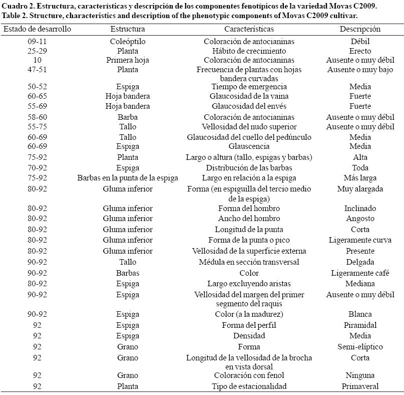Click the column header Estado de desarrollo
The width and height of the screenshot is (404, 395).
pyautogui.click(x=38, y=29)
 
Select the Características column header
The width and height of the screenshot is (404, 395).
pyautogui.click(x=249, y=29)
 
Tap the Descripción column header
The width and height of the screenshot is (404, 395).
pyautogui.click(x=360, y=29)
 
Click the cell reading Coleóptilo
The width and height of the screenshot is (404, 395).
pyautogui.click(x=128, y=42)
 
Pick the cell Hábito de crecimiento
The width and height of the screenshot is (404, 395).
pyautogui.click(x=249, y=51)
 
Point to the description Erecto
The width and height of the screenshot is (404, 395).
pyautogui.click(x=360, y=51)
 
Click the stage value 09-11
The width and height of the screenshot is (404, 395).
pyautogui.click(x=38, y=42)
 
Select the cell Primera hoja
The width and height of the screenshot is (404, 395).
pyautogui.click(x=128, y=60)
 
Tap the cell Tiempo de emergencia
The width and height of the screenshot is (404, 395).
pyautogui.click(x=249, y=87)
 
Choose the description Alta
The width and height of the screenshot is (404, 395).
pyautogui.click(x=360, y=157)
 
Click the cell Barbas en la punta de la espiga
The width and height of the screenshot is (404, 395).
pyautogui.click(x=128, y=178)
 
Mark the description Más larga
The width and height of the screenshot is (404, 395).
pyautogui.click(x=360, y=178)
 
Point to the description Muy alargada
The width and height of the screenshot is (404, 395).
pyautogui.click(x=360, y=189)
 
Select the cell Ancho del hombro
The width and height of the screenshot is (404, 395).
pyautogui.click(x=249, y=219)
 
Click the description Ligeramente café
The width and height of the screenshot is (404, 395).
pyautogui.click(x=360, y=273)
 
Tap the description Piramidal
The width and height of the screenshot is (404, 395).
pyautogui.click(x=360, y=325)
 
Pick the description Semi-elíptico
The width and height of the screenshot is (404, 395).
pyautogui.click(x=360, y=347)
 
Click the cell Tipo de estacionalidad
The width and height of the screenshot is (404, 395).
pyautogui.click(x=249, y=386)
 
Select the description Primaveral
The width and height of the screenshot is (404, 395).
pyautogui.click(x=360, y=386)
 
